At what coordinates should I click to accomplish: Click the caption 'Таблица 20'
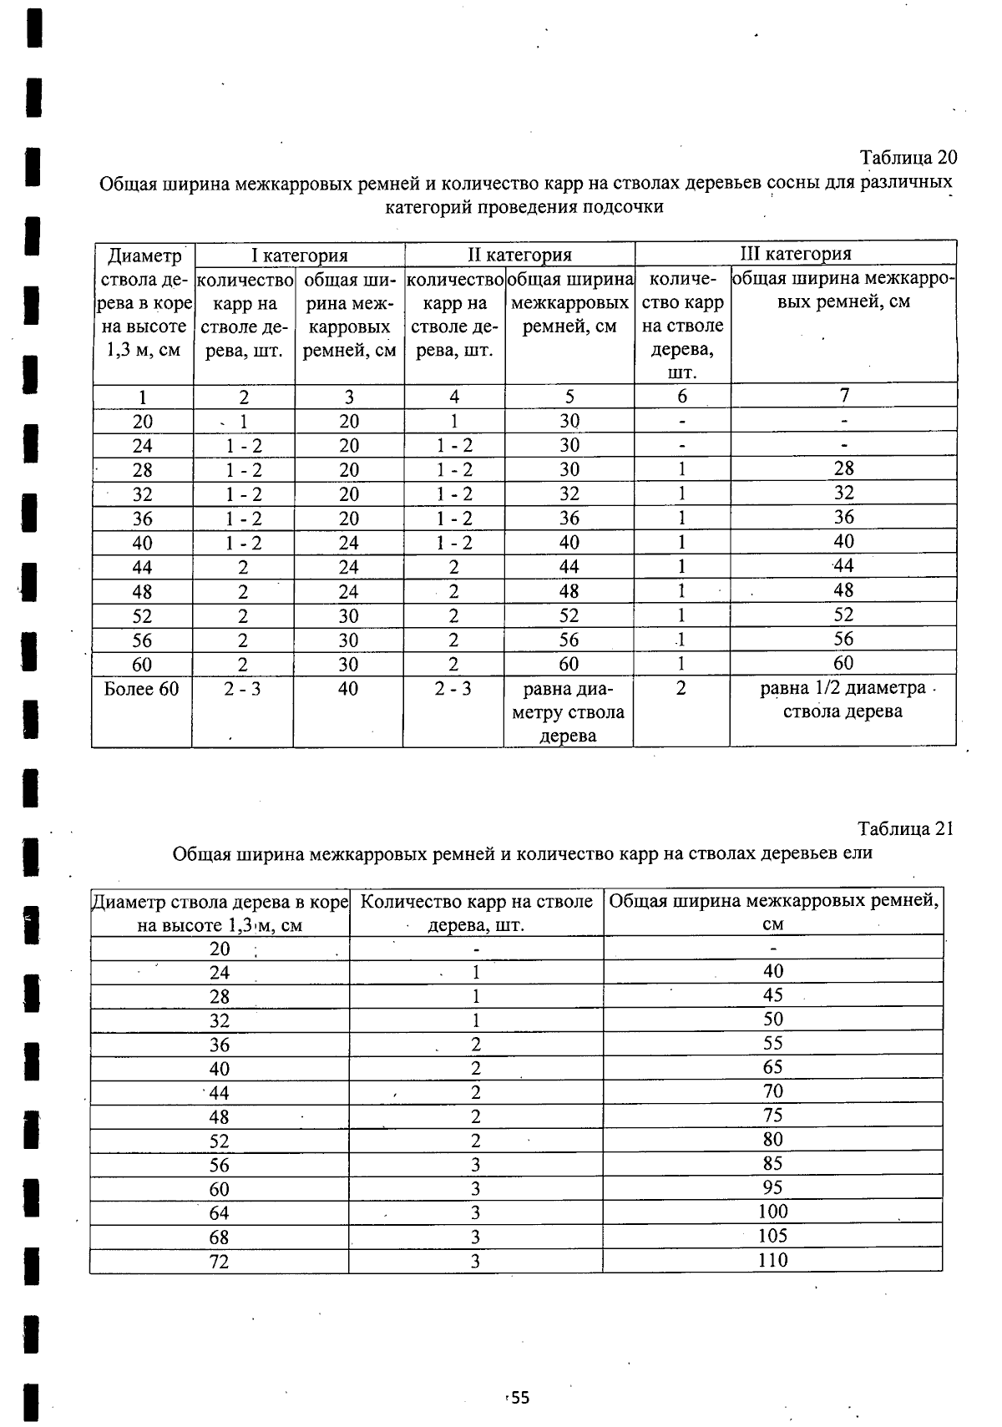[908, 158]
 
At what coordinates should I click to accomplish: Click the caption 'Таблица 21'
[905, 828]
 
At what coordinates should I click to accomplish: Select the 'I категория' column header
[300, 255]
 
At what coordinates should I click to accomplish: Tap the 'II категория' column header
[519, 254]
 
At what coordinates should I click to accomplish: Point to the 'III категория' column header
[796, 253]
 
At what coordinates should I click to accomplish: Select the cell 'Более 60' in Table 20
[142, 689]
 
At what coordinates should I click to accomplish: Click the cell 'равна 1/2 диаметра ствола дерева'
[843, 700]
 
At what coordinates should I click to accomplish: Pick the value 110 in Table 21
[772, 1260]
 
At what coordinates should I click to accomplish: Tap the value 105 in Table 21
[772, 1236]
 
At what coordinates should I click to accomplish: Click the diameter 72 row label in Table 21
[219, 1262]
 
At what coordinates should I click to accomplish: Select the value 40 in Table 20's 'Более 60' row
[348, 689]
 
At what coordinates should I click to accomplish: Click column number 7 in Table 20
[844, 395]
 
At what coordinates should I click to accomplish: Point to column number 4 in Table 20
[454, 397]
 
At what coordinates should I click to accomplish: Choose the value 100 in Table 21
[772, 1212]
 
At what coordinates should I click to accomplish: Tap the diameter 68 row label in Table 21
[219, 1237]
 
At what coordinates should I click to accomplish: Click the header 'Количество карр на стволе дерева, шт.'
[476, 913]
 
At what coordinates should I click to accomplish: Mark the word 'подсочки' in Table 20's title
[626, 206]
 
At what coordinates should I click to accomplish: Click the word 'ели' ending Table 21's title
[860, 853]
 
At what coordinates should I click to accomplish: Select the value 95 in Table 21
[772, 1187]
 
